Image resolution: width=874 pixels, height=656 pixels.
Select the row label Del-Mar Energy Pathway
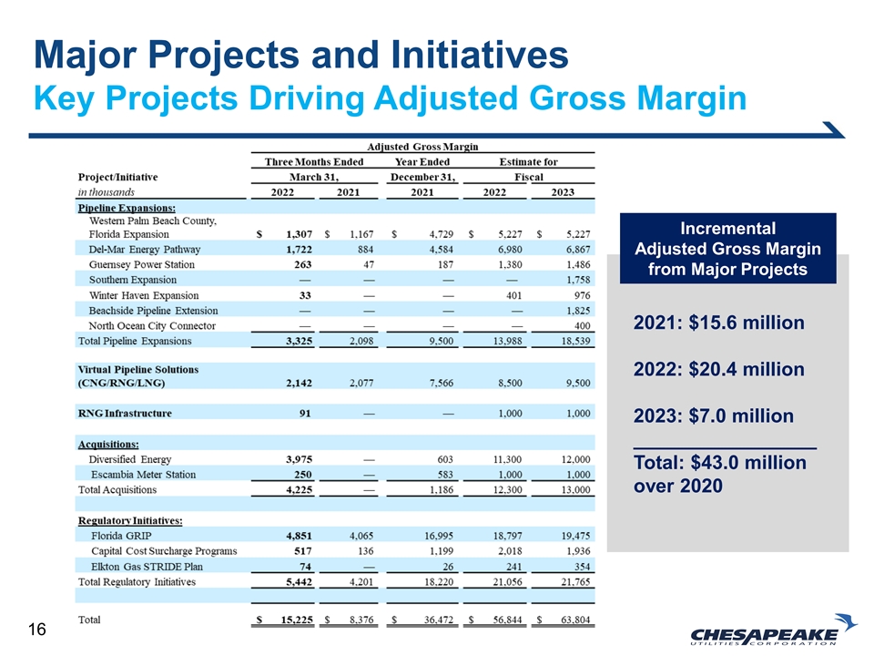(x=145, y=249)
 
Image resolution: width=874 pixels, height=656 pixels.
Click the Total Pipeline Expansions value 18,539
(x=573, y=342)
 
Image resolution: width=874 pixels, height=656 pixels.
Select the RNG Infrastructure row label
(x=125, y=414)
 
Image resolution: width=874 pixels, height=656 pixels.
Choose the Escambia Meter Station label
(x=143, y=475)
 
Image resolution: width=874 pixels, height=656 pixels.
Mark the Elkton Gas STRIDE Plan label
(x=147, y=567)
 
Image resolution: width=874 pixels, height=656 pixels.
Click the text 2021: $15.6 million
(x=718, y=323)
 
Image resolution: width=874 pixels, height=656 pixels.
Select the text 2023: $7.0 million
(x=713, y=416)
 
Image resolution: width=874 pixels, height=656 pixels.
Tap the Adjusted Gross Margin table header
(x=422, y=146)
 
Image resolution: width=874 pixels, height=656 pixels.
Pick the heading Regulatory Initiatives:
(x=130, y=520)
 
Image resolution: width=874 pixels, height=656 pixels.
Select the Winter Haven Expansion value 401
(x=512, y=295)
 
